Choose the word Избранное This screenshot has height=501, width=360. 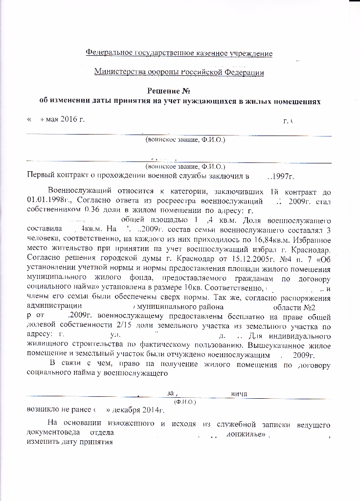click(x=312, y=239)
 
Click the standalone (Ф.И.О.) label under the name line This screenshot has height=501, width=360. click(x=185, y=402)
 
